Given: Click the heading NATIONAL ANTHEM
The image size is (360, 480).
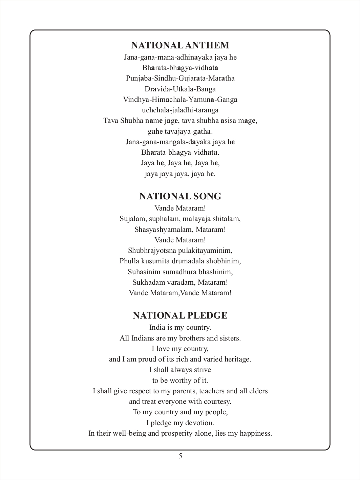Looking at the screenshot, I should [180, 45].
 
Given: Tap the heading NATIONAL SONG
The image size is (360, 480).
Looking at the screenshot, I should [180, 196].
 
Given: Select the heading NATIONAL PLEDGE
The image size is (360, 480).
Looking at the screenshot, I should [180, 315].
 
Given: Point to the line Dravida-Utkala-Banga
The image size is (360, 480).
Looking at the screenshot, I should [180, 89].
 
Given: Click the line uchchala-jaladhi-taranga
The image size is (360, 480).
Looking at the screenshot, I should [180, 110].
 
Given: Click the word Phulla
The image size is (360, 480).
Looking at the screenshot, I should [128, 261].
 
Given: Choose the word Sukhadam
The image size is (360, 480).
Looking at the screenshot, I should [147, 282].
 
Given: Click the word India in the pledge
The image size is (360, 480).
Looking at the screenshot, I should [157, 328].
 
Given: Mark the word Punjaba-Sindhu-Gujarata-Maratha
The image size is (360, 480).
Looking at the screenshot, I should [180, 79].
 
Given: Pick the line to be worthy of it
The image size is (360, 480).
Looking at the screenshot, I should [180, 380].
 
